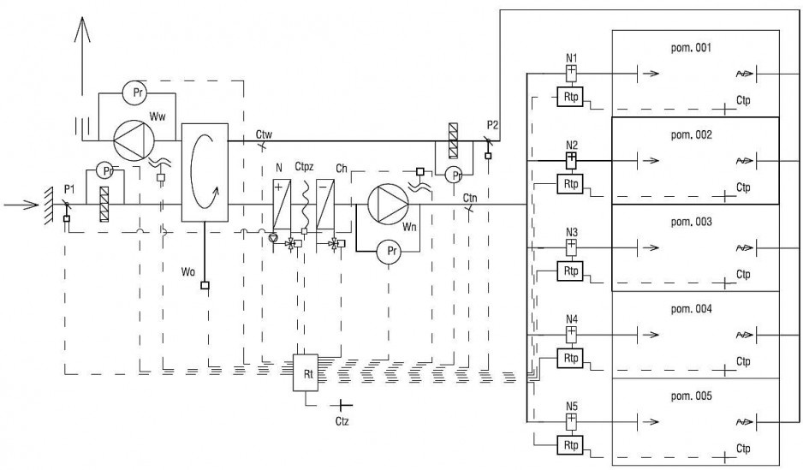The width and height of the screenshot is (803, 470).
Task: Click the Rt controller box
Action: (306, 373)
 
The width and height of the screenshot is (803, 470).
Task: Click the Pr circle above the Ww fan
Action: (137, 93)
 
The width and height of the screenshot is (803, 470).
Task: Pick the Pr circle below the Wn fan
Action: (390, 252)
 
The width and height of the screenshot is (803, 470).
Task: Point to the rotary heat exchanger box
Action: (205, 173)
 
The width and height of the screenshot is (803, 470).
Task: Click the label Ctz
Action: (342, 421)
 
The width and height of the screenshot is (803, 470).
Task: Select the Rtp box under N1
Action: (570, 97)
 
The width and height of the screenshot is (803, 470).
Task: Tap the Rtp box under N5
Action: (570, 445)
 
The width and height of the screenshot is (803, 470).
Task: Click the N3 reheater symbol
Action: (572, 247)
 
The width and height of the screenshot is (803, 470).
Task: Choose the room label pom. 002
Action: (692, 135)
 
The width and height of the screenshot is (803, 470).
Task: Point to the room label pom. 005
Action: (692, 396)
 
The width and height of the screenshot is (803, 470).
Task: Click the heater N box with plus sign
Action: (282, 204)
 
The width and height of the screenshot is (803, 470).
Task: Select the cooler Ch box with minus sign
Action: (325, 204)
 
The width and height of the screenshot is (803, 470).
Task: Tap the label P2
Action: (492, 125)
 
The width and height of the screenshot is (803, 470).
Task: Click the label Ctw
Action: (264, 134)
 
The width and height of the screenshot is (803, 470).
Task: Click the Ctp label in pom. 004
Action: (743, 361)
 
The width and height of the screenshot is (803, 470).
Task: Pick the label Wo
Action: (188, 272)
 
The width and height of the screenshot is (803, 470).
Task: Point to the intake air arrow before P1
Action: (21, 205)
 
